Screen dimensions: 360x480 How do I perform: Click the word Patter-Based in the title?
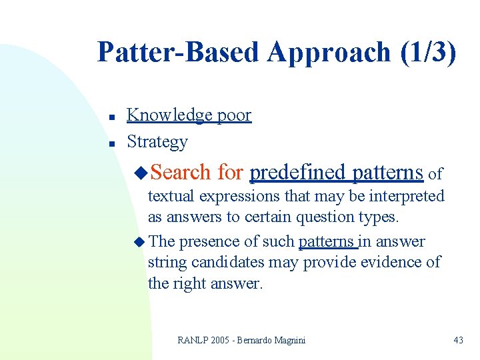(x=177, y=52)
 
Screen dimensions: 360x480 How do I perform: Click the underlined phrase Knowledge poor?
(x=189, y=115)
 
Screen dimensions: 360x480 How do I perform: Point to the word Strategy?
(x=157, y=142)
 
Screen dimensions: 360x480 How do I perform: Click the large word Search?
(x=181, y=173)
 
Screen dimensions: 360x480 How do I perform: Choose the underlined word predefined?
(x=298, y=173)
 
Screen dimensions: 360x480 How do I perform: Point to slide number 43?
(x=458, y=340)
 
